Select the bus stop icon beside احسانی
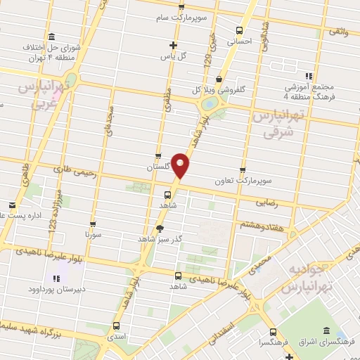coord(240,30)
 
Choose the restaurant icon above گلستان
coord(158,157)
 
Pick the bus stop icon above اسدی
coord(116,325)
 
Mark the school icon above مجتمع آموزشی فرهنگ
coord(308,76)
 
